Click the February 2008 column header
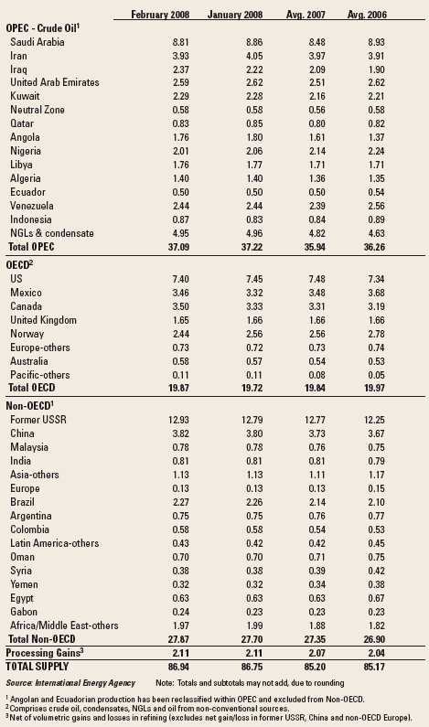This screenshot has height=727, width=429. pyautogui.click(x=160, y=15)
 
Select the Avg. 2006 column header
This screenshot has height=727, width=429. pyautogui.click(x=366, y=15)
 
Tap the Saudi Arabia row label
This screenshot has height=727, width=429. pyautogui.click(x=38, y=42)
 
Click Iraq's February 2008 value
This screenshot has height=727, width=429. pyautogui.click(x=180, y=69)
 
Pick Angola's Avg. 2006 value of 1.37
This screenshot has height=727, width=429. pyautogui.click(x=376, y=138)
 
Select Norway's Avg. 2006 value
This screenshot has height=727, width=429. pyautogui.click(x=376, y=335)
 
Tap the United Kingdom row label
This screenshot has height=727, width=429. pyautogui.click(x=43, y=320)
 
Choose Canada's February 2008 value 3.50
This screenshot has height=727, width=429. pyautogui.click(x=180, y=307)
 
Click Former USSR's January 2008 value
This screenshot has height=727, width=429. pyautogui.click(x=252, y=420)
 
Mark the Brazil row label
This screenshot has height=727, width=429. pyautogui.click(x=22, y=502)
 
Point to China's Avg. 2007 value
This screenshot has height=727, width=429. pyautogui.click(x=316, y=434)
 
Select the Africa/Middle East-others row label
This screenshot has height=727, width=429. pyautogui.click(x=64, y=625)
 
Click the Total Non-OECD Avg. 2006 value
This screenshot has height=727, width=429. pyautogui.click(x=374, y=639)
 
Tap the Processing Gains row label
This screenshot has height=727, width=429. pyautogui.click(x=45, y=653)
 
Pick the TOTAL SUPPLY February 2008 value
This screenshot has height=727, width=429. pyautogui.click(x=178, y=667)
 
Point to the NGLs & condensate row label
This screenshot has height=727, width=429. pyautogui.click(x=52, y=233)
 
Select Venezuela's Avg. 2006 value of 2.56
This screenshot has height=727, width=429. pyautogui.click(x=376, y=207)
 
